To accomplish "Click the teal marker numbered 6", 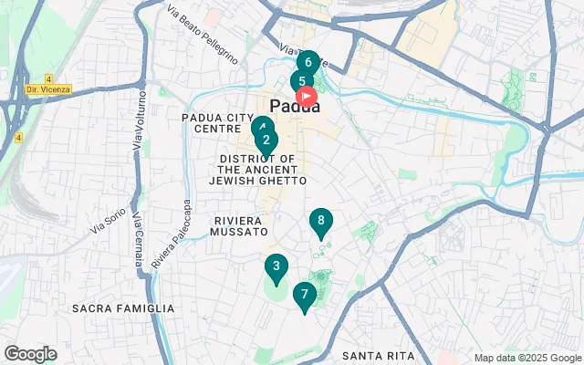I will [x=308, y=63].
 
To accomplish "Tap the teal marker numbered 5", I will [x=300, y=81].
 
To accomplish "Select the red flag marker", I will [x=308, y=95].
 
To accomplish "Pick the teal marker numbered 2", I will [x=266, y=141].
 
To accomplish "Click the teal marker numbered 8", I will [x=320, y=221].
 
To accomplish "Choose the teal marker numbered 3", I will [x=276, y=267].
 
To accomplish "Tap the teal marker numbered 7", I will [x=304, y=295].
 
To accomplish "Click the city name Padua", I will [x=296, y=106].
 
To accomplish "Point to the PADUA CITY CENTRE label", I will [x=217, y=123].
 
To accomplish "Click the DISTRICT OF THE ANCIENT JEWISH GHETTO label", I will [x=257, y=170].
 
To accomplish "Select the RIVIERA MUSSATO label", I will [x=238, y=226].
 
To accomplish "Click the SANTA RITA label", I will [x=378, y=355].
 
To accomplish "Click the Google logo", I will [x=30, y=353].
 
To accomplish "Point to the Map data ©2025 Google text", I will [x=527, y=358].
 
